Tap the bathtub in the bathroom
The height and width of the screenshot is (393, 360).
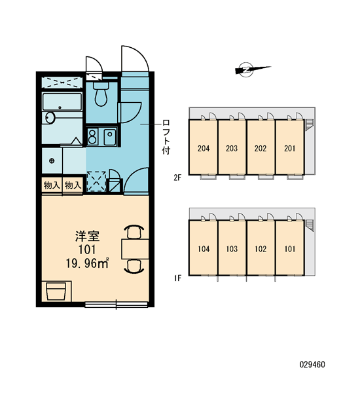(62, 102)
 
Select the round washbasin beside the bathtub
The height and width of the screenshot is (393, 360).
(50, 117)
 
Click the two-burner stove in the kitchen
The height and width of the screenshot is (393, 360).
(92, 137)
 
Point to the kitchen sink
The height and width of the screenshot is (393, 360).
(110, 137)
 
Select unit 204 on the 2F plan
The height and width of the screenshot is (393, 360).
(203, 147)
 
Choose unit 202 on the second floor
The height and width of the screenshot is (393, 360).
(261, 147)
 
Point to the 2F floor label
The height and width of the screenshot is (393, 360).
(177, 178)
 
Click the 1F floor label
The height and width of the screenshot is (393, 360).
(177, 278)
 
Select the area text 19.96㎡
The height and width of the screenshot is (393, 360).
(87, 263)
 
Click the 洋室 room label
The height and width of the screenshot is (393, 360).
(88, 236)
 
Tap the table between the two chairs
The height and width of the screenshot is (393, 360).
(135, 249)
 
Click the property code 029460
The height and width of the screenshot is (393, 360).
(312, 364)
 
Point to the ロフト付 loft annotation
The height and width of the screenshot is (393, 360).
(166, 137)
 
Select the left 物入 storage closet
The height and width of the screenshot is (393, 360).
(52, 185)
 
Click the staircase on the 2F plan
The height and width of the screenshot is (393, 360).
(310, 124)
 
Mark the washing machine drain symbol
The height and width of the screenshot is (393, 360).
(52, 160)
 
